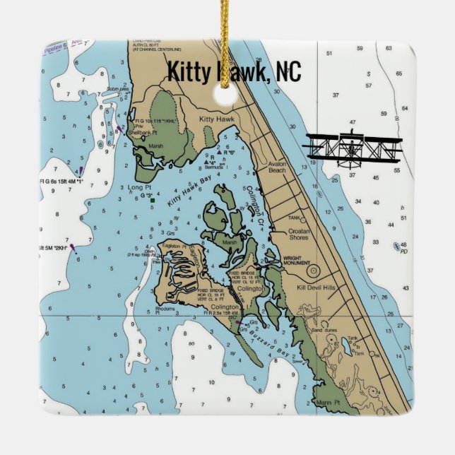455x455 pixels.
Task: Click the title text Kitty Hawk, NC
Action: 234,71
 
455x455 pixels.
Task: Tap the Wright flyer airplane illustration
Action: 353,149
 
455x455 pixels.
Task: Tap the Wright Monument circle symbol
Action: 313,271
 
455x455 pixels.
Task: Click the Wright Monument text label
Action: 297,261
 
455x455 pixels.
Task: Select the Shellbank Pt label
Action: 146,132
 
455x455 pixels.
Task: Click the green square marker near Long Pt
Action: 152,201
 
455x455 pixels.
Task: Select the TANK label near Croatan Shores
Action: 294,218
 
